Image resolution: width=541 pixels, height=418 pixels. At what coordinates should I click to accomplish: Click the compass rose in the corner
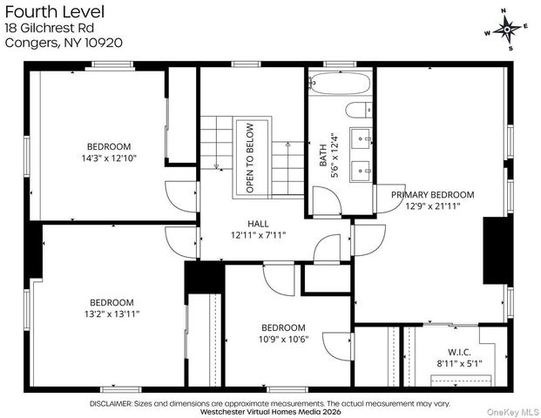click(x=506, y=29)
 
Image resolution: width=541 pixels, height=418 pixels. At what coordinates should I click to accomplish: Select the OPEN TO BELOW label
click(x=250, y=161)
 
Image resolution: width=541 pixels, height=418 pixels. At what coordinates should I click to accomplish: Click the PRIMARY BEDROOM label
click(x=432, y=194)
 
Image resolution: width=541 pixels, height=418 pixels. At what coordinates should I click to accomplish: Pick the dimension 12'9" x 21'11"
click(x=432, y=206)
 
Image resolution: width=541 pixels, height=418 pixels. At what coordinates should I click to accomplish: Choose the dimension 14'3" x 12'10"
click(x=108, y=158)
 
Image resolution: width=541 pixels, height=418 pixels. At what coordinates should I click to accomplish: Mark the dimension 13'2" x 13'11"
click(x=111, y=313)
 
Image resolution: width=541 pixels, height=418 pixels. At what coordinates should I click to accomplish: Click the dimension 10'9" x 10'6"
click(x=284, y=339)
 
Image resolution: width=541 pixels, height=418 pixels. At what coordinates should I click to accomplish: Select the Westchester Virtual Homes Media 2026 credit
click(x=270, y=413)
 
